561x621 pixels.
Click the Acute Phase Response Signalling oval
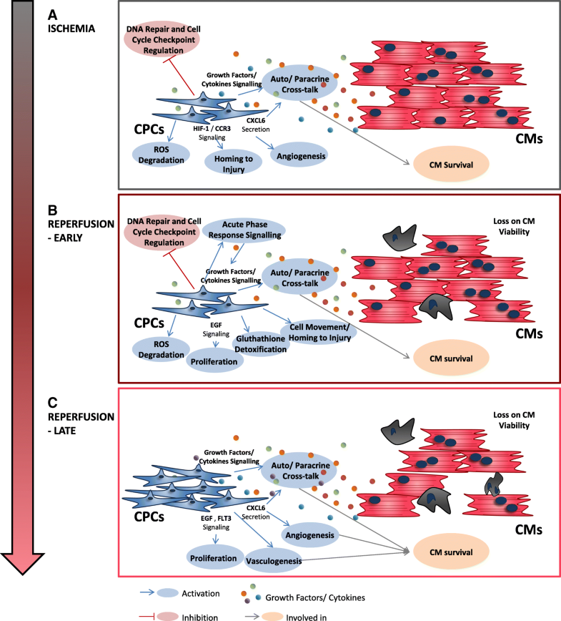pos(244,231)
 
